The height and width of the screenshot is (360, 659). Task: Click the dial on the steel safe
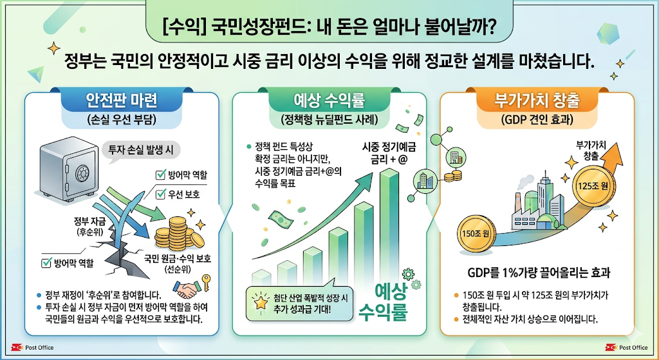click(82, 173)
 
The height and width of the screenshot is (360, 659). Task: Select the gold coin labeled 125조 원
click(593, 185)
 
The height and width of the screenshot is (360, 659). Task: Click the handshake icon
click(187, 290)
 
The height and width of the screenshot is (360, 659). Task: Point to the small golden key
click(206, 282)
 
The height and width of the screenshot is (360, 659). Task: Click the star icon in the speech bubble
click(261, 301)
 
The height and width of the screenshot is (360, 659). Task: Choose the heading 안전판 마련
click(122, 100)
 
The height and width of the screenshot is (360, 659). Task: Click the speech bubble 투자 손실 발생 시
click(141, 149)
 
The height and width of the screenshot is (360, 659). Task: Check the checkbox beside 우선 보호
click(160, 194)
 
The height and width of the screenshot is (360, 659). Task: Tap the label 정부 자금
click(90, 222)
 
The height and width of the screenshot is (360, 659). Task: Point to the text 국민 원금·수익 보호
click(178, 259)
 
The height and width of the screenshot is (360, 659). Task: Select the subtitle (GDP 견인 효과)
click(537, 120)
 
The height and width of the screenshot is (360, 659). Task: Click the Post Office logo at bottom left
click(32, 347)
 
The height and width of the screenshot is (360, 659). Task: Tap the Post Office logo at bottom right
click(626, 347)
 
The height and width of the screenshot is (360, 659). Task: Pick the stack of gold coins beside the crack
click(179, 233)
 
